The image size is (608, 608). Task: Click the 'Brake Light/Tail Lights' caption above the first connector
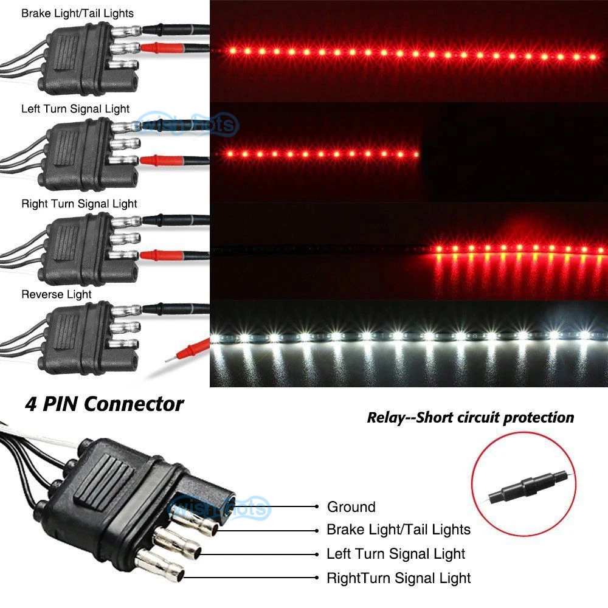coord(77,13)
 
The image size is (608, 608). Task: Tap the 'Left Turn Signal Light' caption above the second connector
coord(75,109)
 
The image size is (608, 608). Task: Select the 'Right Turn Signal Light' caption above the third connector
coord(79,204)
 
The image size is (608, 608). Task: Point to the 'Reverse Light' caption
coord(57,294)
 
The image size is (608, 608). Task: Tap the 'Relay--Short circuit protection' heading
coord(470,418)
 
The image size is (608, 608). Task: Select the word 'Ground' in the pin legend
coord(351,506)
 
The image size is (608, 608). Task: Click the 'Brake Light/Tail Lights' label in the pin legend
coord(398,530)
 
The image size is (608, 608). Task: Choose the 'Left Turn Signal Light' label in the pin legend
coord(396,554)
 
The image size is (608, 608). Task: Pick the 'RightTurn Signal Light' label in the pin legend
coord(398,578)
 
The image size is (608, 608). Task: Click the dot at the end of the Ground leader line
coord(317,506)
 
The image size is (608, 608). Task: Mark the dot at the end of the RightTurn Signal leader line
coord(317,578)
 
